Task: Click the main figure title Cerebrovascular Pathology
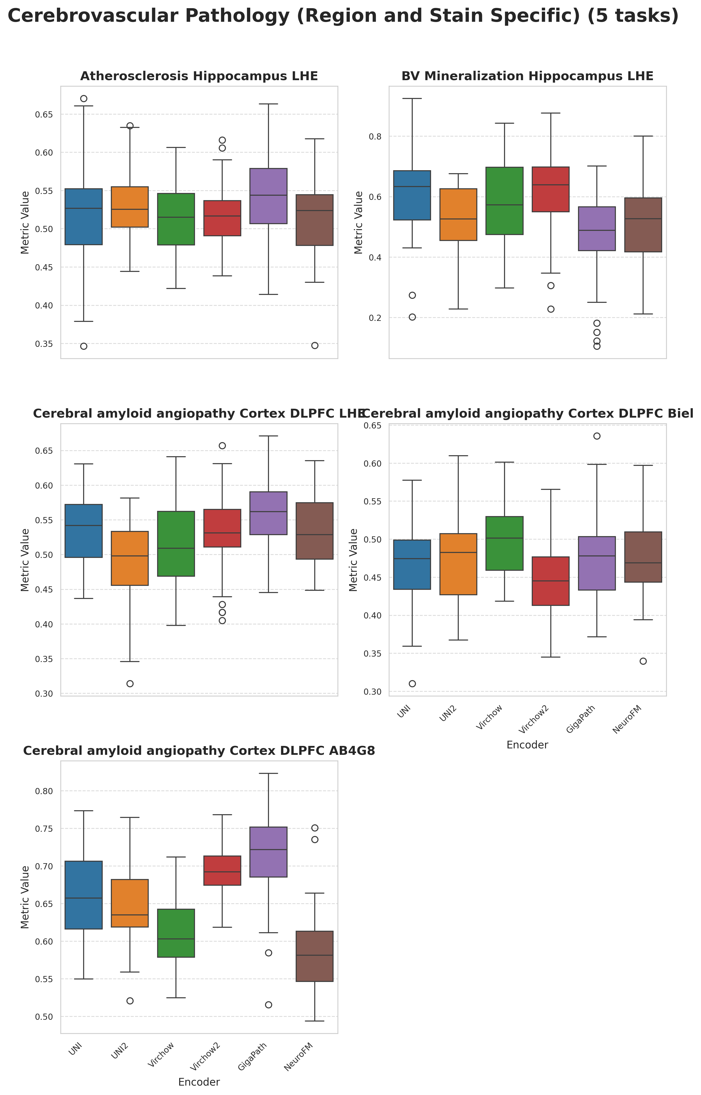pyautogui.click(x=343, y=16)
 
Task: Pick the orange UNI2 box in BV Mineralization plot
pyautogui.click(x=458, y=214)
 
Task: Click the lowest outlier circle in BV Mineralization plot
pyautogui.click(x=597, y=346)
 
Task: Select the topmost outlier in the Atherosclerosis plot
pyautogui.click(x=84, y=99)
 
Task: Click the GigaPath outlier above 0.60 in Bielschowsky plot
pyautogui.click(x=597, y=436)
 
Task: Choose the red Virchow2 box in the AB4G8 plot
pyautogui.click(x=222, y=871)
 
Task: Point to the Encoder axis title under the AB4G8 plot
pyautogui.click(x=199, y=1082)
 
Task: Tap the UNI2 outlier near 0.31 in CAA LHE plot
pyautogui.click(x=130, y=684)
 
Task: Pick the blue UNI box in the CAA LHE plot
pyautogui.click(x=84, y=531)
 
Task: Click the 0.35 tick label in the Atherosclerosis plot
pyautogui.click(x=44, y=344)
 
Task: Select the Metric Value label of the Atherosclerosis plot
pyautogui.click(x=25, y=222)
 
